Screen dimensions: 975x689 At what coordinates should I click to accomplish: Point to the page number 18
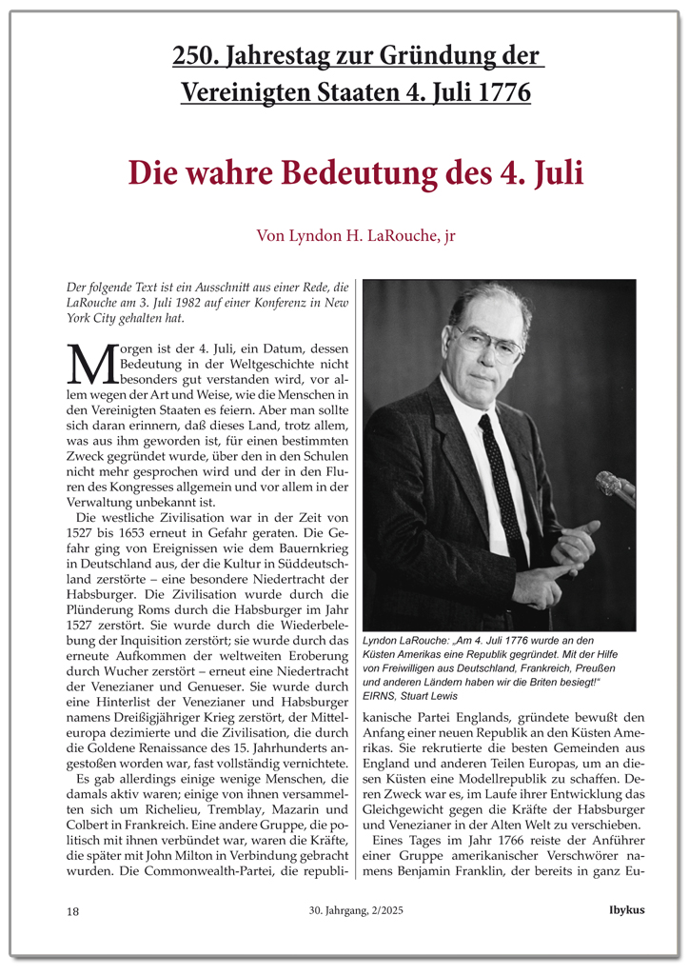pyautogui.click(x=73, y=911)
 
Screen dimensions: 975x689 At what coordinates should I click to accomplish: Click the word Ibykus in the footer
pyautogui.click(x=626, y=910)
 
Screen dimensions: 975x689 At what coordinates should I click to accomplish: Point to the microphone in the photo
pyautogui.click(x=614, y=486)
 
